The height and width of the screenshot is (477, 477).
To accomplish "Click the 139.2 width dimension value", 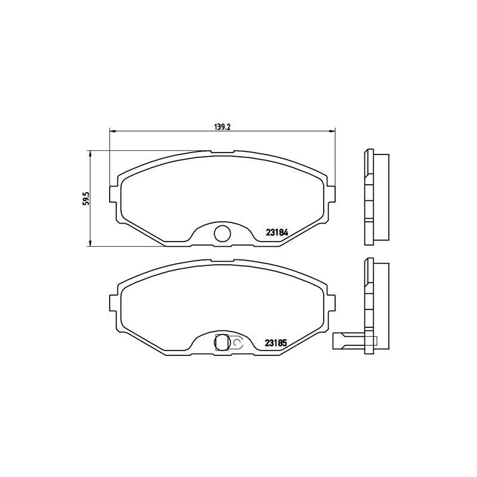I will pyautogui.click(x=222, y=126).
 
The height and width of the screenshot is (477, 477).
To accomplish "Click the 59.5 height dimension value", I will pyautogui.click(x=86, y=199).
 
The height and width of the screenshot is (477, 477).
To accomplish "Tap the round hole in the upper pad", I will pyautogui.click(x=222, y=233).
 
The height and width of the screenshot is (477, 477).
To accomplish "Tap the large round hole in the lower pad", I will pyautogui.click(x=222, y=342).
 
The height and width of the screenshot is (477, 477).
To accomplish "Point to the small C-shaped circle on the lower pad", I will pyautogui.click(x=237, y=342).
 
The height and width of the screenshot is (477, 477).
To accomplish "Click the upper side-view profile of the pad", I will pyautogui.click(x=374, y=197).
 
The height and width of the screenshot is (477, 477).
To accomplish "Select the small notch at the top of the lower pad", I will pyautogui.click(x=222, y=261).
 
